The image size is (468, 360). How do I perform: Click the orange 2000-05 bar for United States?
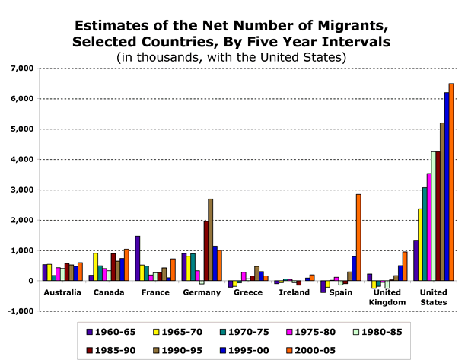(451, 182)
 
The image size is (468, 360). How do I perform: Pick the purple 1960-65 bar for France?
(137, 258)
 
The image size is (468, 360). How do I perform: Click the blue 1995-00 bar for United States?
(447, 186)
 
